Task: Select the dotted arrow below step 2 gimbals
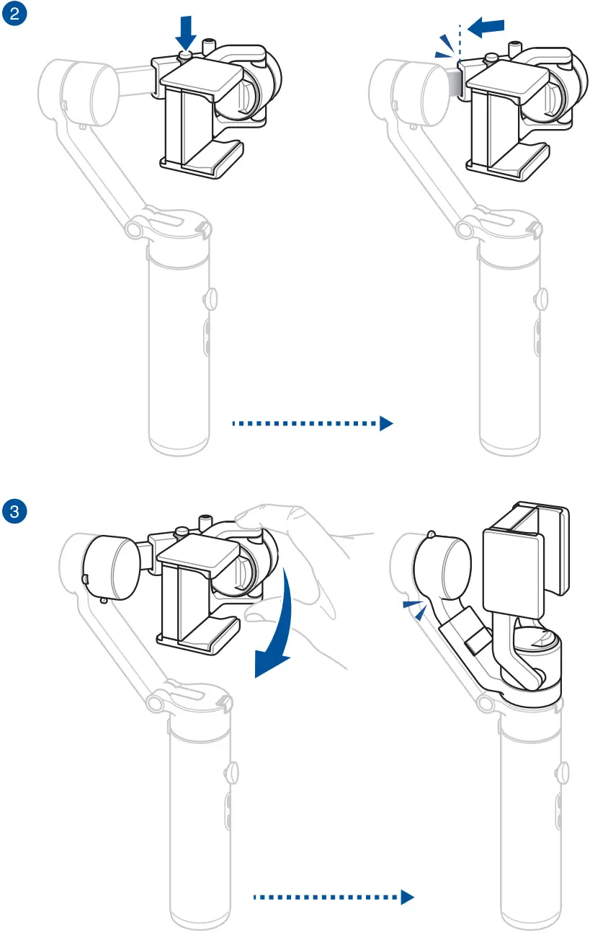(311, 423)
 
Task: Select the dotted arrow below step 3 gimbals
(334, 897)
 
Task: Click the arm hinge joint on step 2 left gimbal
(133, 229)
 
